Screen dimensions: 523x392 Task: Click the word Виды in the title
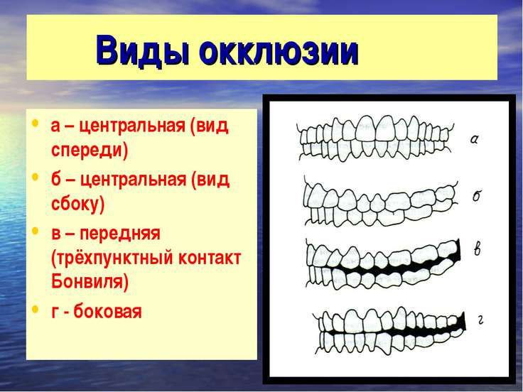tap(143, 50)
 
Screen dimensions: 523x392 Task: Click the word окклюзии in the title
tap(279, 50)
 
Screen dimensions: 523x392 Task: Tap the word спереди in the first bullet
tap(90, 150)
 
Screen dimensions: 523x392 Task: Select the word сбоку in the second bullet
tap(77, 203)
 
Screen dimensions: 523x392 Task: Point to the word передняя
tap(120, 234)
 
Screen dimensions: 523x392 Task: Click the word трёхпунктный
tap(112, 258)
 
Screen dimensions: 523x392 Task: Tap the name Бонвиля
tap(90, 282)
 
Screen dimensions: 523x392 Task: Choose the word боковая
tap(108, 311)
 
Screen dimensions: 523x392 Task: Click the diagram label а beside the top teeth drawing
tap(474, 139)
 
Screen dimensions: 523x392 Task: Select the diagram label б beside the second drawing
tap(477, 195)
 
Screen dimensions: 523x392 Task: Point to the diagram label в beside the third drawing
tap(478, 249)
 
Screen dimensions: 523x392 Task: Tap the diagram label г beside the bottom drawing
tap(480, 320)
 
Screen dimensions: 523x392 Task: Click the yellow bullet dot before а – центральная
tap(35, 123)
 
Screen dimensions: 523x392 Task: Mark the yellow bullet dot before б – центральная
tap(35, 177)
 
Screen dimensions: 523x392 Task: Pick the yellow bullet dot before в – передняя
tap(35, 231)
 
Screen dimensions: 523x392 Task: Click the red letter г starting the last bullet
tap(55, 312)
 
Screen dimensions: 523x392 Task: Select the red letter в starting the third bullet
tap(56, 234)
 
